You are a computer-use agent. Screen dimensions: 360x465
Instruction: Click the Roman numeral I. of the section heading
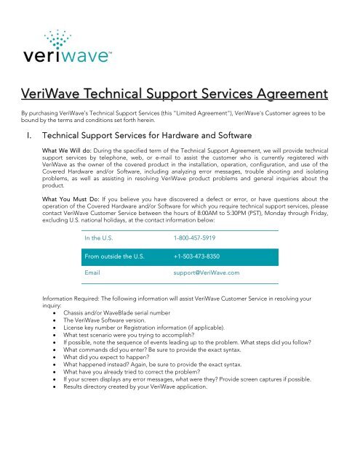click(27, 137)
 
